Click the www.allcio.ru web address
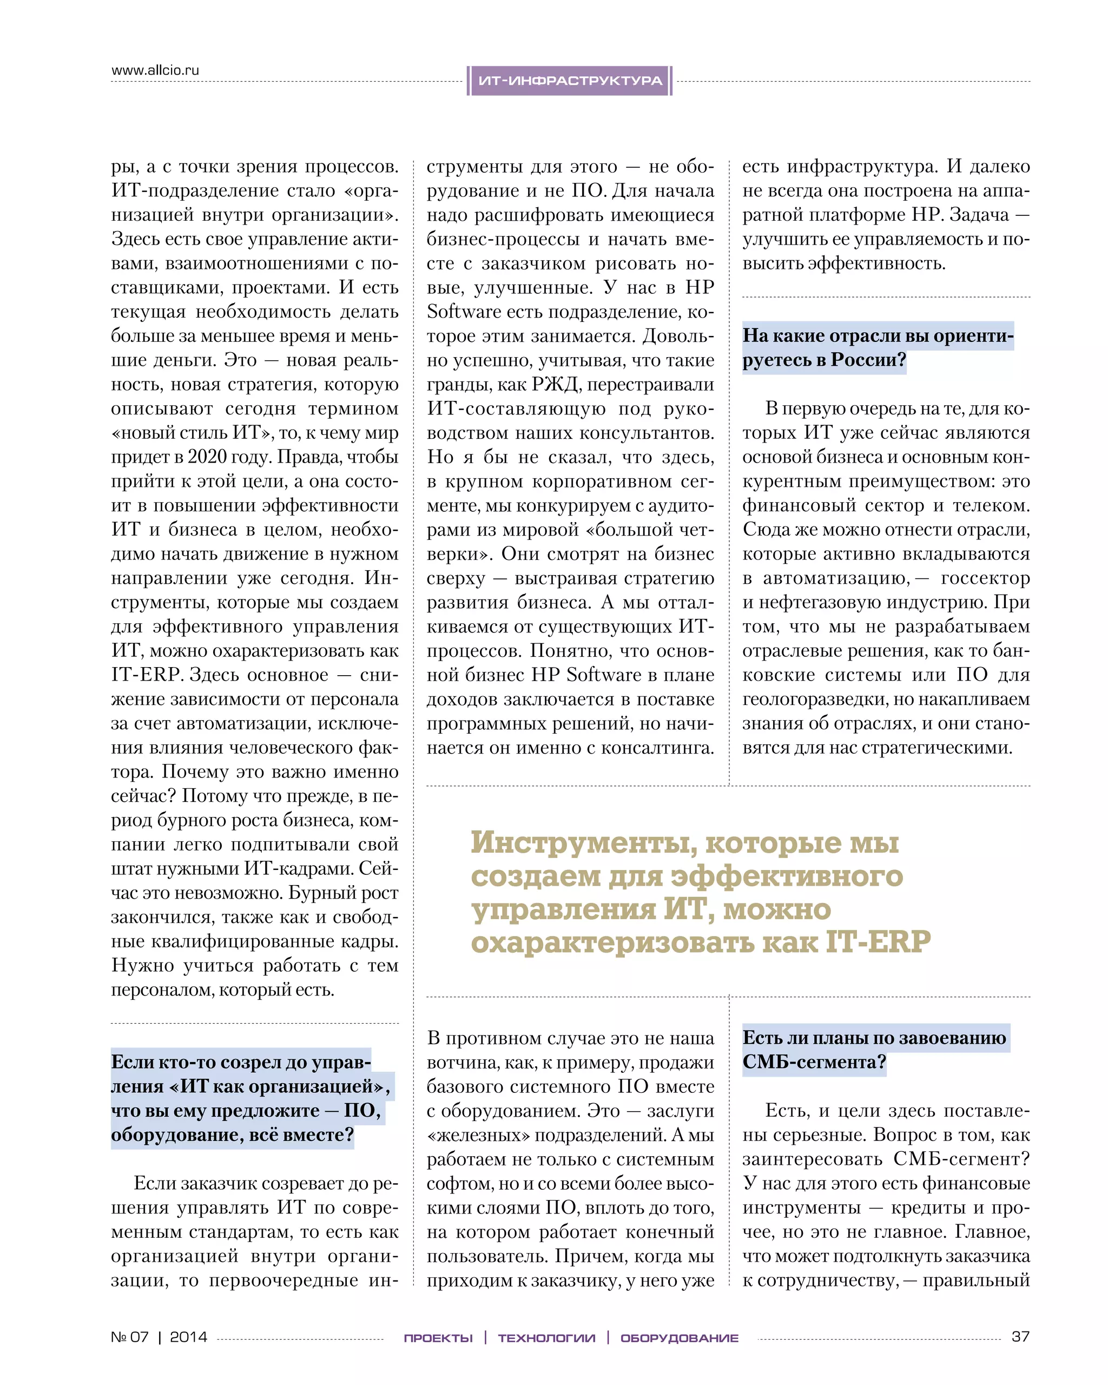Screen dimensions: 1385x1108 click(x=155, y=70)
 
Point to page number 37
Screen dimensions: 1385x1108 click(x=1020, y=1337)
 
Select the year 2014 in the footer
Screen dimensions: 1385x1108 click(x=188, y=1337)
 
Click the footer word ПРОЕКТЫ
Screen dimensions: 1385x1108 click(x=438, y=1338)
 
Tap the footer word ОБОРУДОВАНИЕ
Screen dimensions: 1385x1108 click(x=679, y=1338)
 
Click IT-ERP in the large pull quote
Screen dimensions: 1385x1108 click(x=878, y=942)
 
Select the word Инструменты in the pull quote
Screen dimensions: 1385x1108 click(x=584, y=842)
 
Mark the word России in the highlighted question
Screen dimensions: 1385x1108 click(x=868, y=360)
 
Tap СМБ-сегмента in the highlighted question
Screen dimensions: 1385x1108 click(x=814, y=1062)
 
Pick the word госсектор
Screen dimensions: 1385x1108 click(x=985, y=578)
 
